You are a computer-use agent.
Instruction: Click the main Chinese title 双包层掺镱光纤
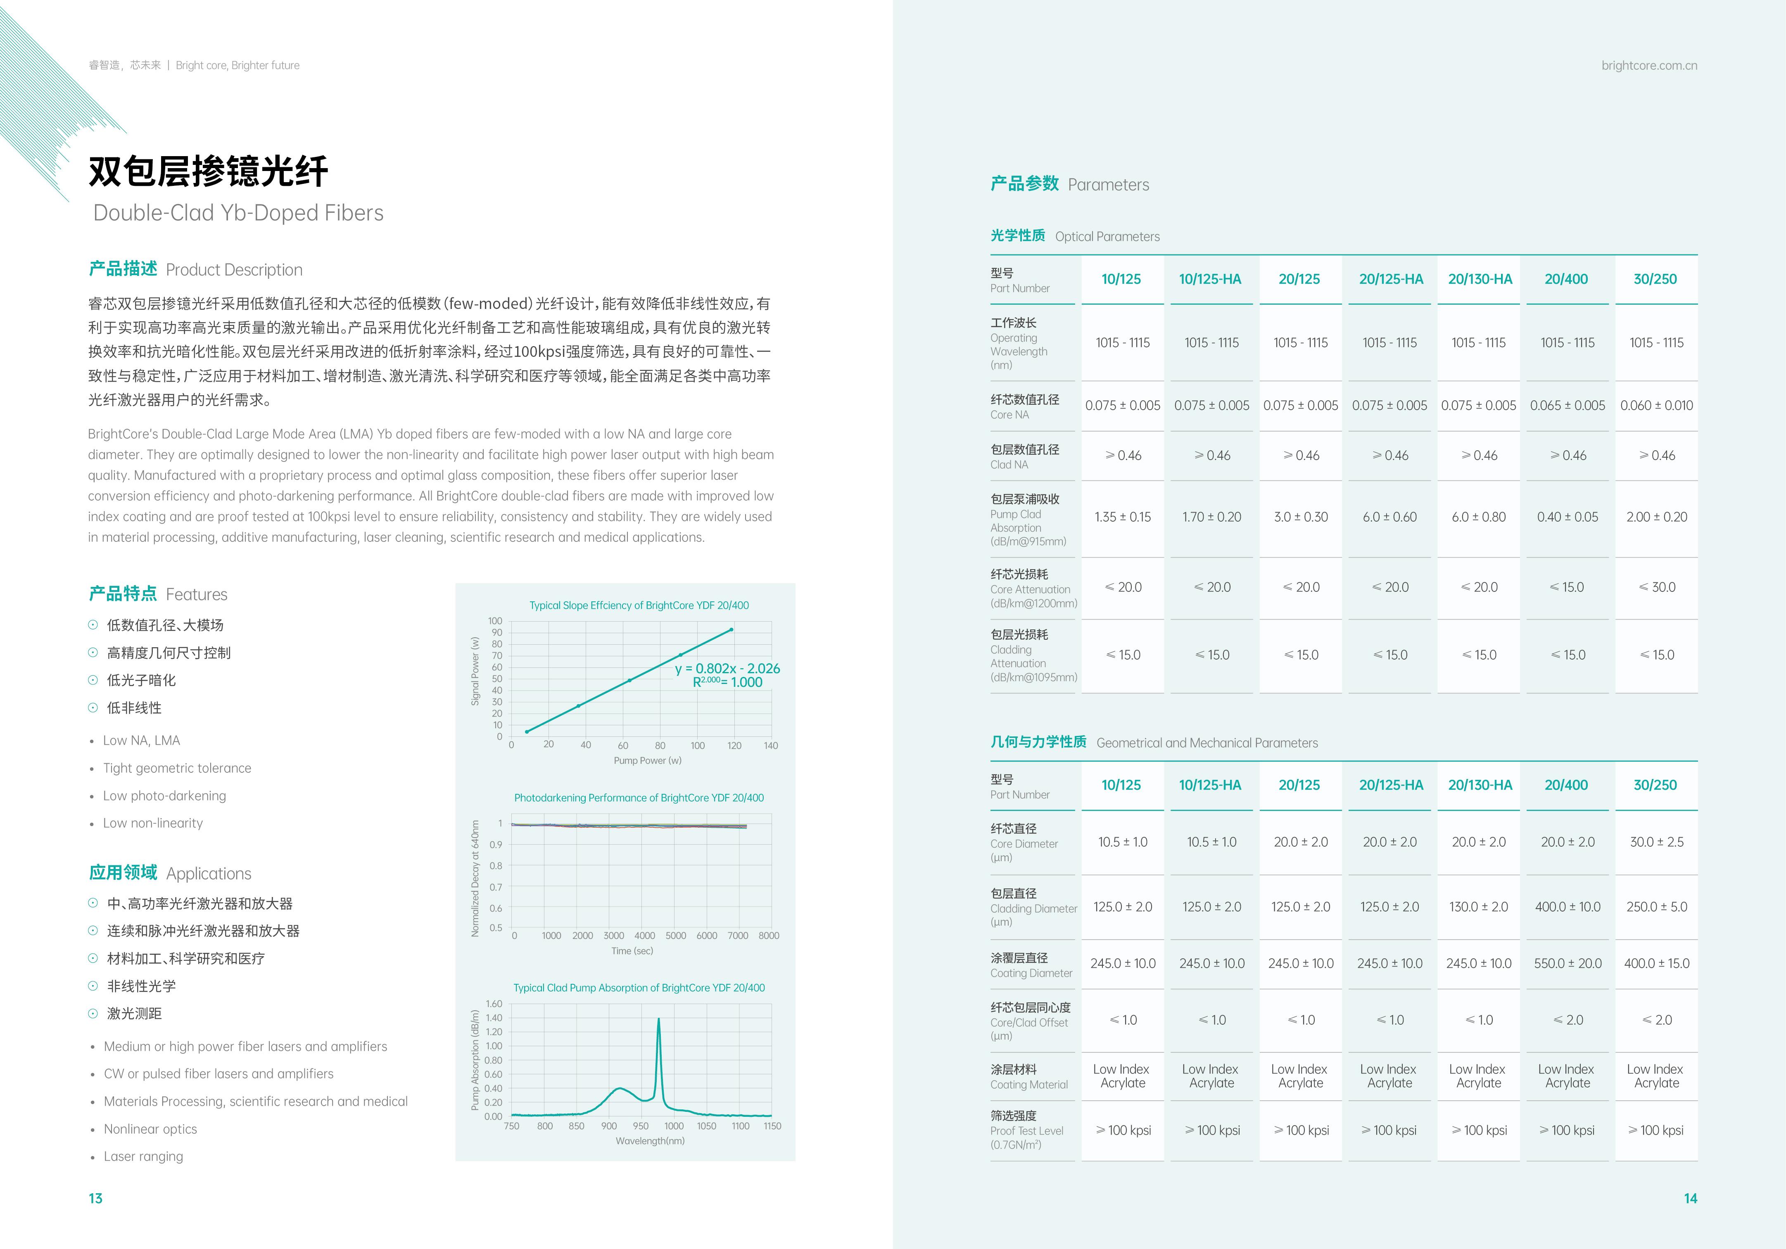209,171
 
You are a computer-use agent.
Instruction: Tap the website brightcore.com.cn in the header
1649,65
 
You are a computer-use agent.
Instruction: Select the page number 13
96,1199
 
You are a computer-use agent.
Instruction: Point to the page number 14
1690,1199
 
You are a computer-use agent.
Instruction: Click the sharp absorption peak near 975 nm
659,1020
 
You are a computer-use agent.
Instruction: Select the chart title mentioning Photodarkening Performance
639,798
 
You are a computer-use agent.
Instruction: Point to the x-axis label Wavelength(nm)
650,1141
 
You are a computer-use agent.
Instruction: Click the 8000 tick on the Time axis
769,936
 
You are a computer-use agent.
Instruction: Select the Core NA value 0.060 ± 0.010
1656,405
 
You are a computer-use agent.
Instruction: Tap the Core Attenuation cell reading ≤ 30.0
1656,587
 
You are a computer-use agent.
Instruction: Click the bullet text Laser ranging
143,1156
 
